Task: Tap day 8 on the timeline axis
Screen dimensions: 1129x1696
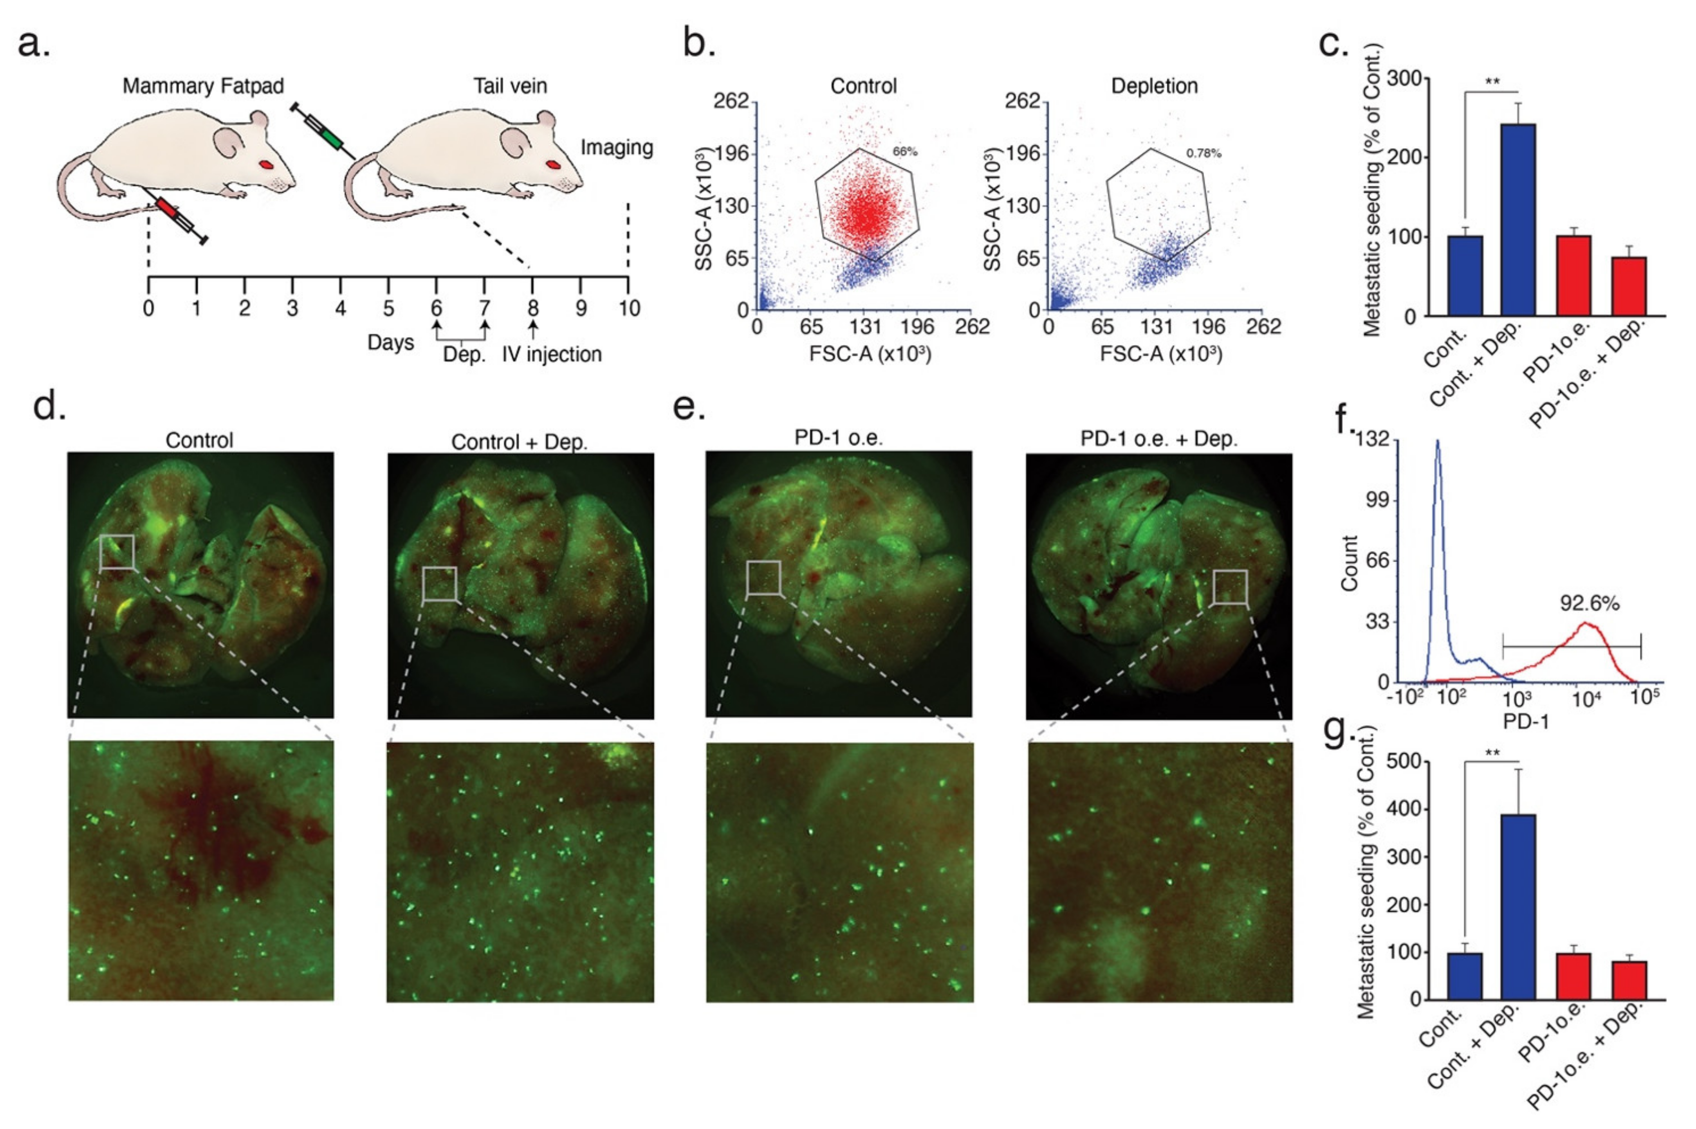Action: [x=532, y=308]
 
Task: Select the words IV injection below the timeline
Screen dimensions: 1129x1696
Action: [x=551, y=354]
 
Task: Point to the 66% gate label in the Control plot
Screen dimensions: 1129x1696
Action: [x=904, y=151]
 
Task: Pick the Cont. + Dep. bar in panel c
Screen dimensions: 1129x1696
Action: [x=1518, y=220]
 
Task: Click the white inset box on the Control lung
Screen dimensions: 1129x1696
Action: [x=117, y=551]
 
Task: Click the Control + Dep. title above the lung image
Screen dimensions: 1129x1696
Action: [x=519, y=441]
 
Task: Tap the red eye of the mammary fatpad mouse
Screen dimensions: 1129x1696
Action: [x=266, y=164]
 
